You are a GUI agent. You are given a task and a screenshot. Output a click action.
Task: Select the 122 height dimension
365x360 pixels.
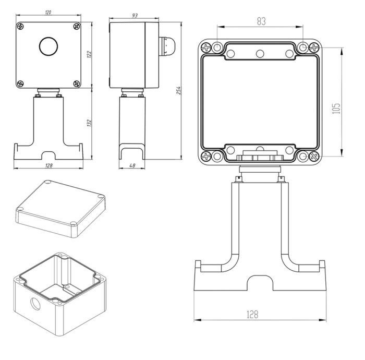pos(89,54)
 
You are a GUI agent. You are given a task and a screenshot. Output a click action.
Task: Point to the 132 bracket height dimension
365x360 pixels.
pos(89,123)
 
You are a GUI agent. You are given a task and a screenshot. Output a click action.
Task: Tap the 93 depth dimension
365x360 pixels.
pos(135,16)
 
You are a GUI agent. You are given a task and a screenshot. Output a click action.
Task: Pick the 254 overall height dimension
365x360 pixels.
pos(179,90)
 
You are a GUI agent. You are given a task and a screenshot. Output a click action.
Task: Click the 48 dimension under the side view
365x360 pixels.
pos(132,166)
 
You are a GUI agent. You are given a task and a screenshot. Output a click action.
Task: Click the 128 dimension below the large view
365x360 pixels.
pos(252,314)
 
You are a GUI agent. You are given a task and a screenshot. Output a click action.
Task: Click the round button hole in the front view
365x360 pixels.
pos(48,47)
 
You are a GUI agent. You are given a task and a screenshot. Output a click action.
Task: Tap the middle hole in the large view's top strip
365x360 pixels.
pos(259,53)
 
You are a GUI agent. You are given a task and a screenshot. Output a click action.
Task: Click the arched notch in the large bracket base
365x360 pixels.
pos(260,282)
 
